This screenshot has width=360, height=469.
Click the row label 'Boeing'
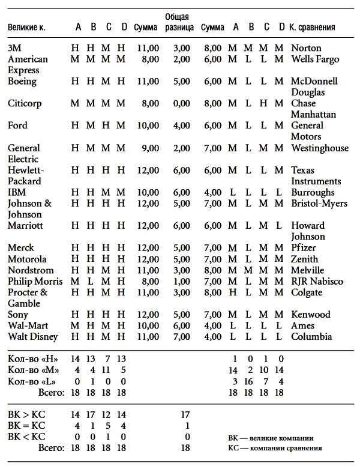[x=22, y=81]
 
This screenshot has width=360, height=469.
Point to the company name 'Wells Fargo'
[x=315, y=59]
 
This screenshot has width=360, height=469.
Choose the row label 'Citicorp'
[x=25, y=103]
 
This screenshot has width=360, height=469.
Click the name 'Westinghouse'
[x=319, y=148]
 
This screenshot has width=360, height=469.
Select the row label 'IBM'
[x=17, y=192]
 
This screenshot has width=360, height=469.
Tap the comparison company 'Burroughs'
[x=313, y=192]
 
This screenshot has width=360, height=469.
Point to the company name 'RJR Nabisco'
[x=316, y=281]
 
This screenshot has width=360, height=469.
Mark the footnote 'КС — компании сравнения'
[x=275, y=449]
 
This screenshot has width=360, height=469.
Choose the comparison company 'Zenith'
[x=305, y=259]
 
